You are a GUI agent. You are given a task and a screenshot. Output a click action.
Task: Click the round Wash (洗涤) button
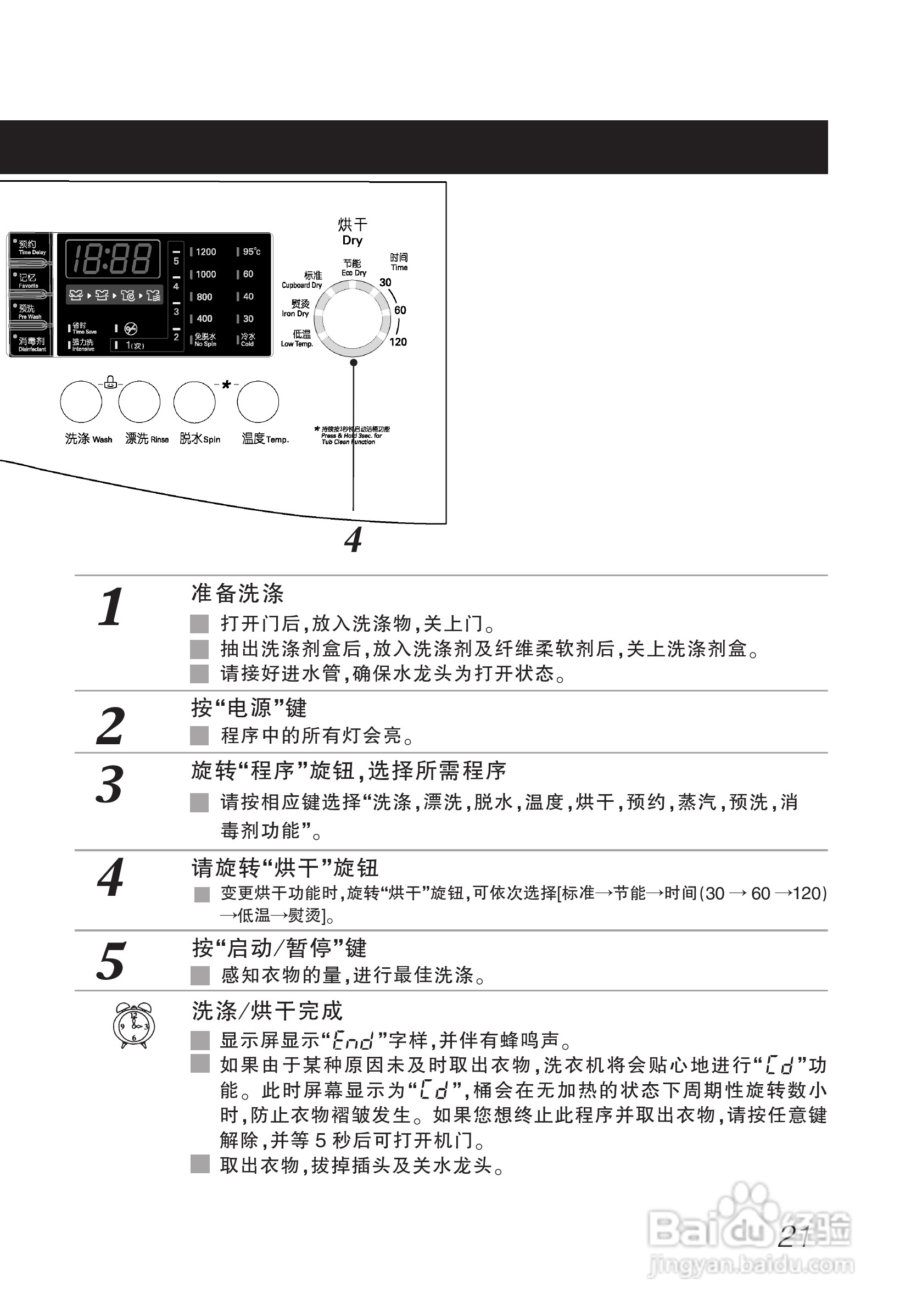81,402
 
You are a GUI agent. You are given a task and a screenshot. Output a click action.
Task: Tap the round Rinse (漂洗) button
139,402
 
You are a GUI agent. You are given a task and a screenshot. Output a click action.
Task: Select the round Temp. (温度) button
258,402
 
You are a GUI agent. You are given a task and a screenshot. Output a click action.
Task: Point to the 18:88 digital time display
113,259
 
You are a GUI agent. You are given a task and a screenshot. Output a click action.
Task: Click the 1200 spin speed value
205,252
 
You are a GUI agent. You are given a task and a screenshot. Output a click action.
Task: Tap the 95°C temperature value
251,252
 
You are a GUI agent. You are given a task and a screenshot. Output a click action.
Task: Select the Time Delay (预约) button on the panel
30,248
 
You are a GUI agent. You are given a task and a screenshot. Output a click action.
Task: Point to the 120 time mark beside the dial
398,342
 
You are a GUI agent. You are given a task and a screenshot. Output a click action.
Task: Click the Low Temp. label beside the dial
298,338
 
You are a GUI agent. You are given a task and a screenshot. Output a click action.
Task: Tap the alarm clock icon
133,1025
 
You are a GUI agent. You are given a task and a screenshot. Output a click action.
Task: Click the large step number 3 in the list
110,784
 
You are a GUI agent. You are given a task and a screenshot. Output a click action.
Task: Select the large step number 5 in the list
111,961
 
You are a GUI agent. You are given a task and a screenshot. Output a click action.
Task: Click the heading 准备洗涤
237,593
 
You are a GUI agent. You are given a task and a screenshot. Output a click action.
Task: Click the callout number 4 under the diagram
353,540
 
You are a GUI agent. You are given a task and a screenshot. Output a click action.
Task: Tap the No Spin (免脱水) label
205,339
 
